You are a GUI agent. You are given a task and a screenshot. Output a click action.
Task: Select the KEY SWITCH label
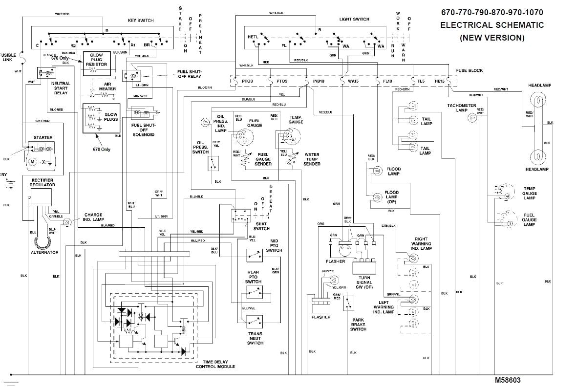click(140, 20)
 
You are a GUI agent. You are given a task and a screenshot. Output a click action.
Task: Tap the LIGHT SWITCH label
click(354, 19)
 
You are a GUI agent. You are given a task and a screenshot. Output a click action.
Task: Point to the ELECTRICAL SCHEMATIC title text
click(492, 25)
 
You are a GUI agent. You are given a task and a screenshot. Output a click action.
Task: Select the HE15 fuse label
click(440, 81)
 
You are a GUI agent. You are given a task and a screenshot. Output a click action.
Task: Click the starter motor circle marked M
click(33, 161)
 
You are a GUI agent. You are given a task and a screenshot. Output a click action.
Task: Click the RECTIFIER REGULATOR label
click(42, 183)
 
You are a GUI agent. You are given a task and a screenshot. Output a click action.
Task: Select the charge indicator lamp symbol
click(68, 222)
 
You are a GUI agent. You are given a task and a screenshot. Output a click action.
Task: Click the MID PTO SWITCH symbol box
click(254, 254)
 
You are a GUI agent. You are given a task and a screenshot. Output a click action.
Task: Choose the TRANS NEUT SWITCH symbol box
click(254, 321)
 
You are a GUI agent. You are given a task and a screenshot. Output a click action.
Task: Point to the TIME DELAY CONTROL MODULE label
click(215, 364)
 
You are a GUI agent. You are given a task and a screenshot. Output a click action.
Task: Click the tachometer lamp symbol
click(472, 118)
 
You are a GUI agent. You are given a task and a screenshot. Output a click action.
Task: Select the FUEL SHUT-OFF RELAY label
click(189, 74)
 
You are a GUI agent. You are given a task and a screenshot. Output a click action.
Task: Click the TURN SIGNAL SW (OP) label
click(364, 282)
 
